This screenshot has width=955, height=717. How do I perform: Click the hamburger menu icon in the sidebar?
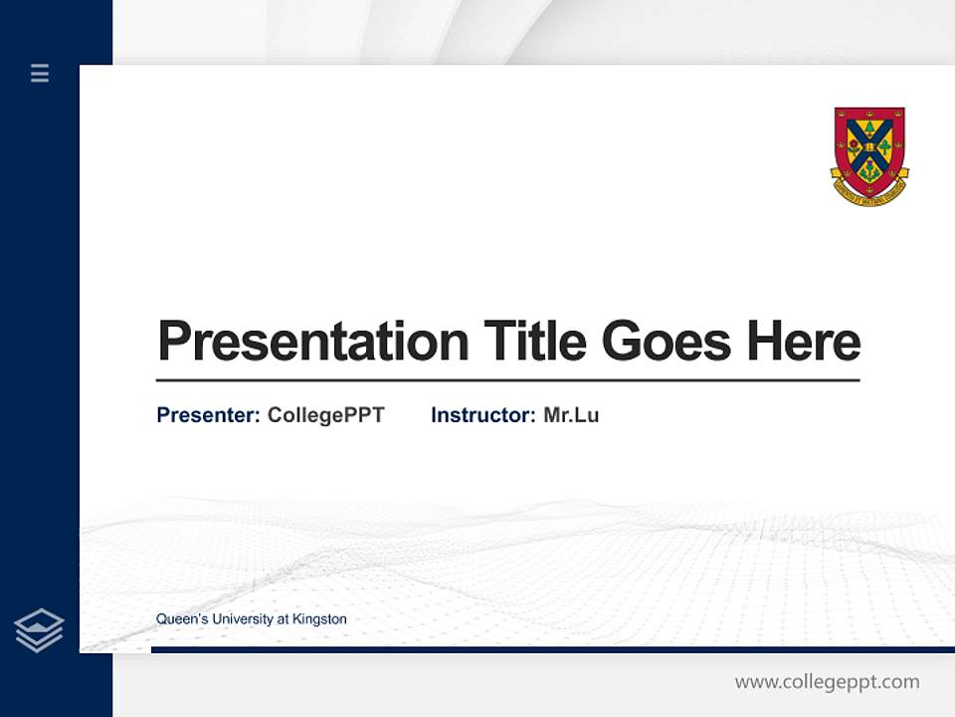click(x=40, y=73)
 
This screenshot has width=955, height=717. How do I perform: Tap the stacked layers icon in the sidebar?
click(x=39, y=630)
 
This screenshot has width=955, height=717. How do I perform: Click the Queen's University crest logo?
click(x=869, y=154)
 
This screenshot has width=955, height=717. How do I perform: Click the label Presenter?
click(x=208, y=415)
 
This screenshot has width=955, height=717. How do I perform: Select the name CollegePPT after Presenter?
click(x=325, y=415)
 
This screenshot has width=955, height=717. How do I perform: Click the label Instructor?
click(x=482, y=415)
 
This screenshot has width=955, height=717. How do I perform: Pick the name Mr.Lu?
click(x=571, y=415)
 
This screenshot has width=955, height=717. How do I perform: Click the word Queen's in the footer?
click(x=180, y=619)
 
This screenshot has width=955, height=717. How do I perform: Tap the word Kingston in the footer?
click(x=320, y=619)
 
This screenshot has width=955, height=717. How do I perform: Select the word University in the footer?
click(x=242, y=619)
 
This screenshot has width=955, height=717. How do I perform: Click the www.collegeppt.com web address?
click(x=827, y=682)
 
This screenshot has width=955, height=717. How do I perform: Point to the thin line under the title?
click(x=507, y=379)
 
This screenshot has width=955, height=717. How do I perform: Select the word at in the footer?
click(x=284, y=619)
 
